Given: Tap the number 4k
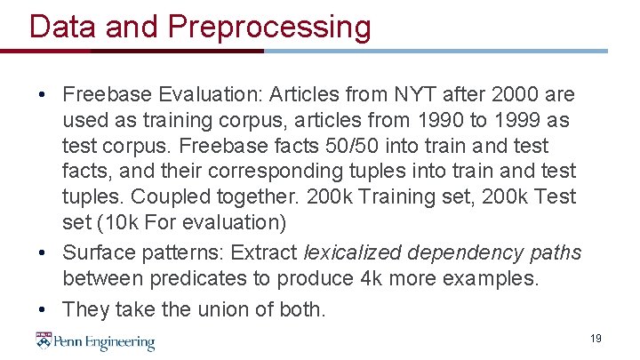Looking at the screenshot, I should [370, 279].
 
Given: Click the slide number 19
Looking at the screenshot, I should [596, 339].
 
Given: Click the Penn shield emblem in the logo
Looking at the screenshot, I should [44, 340].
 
